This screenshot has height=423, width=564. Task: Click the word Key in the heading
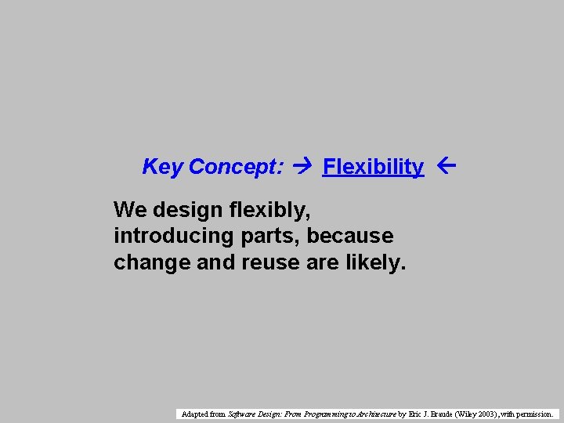pyautogui.click(x=162, y=167)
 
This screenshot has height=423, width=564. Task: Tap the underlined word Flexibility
pyautogui.click(x=373, y=167)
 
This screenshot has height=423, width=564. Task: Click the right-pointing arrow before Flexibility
pyautogui.click(x=302, y=166)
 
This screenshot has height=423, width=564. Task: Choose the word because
pyautogui.click(x=351, y=236)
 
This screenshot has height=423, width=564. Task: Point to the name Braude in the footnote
pyautogui.click(x=440, y=414)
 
